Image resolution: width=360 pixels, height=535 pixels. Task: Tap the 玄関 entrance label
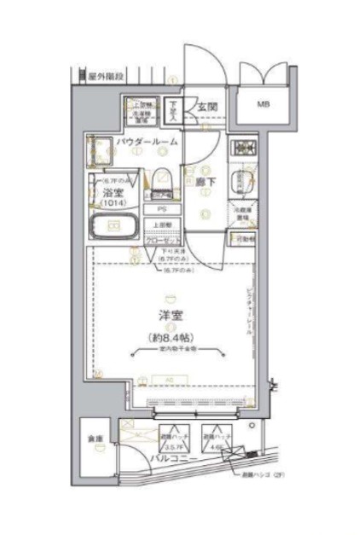[x=206, y=107]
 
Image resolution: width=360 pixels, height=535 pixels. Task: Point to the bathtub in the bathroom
[x=112, y=228]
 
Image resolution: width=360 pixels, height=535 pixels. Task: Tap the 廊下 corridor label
[x=206, y=181]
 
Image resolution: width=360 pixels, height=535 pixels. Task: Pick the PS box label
[x=160, y=209]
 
